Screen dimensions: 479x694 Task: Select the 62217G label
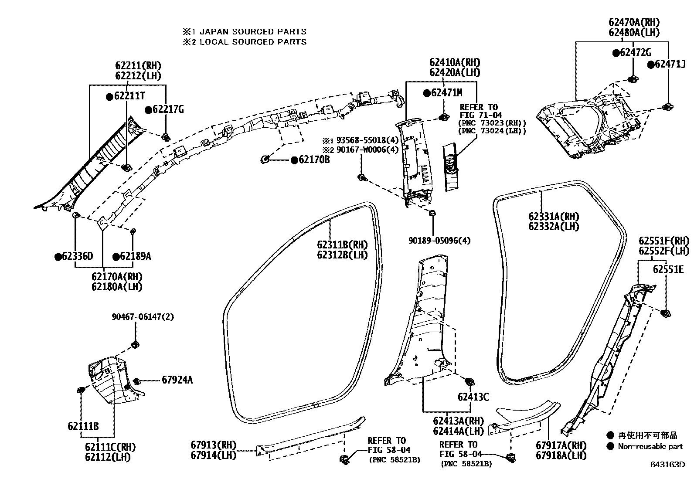[x=168, y=109]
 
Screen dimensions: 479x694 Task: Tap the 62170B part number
[x=314, y=160]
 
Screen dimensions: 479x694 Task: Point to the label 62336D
[x=78, y=256]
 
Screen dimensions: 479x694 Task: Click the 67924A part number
[x=177, y=380]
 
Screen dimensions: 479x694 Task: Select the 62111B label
[x=83, y=426]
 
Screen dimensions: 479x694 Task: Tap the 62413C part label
[x=473, y=397]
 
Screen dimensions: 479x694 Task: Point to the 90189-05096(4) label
[x=439, y=240]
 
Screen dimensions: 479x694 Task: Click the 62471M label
[x=446, y=92]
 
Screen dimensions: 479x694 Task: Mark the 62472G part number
[x=635, y=53]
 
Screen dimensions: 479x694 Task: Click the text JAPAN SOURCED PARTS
[x=253, y=31]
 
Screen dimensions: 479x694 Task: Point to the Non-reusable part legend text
[x=650, y=446]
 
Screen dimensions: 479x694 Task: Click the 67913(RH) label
[x=213, y=445]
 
